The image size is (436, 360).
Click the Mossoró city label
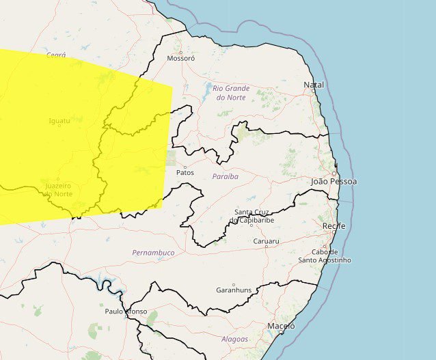[x=181, y=59]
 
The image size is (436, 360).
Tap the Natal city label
[x=314, y=85]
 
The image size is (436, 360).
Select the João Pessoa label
[x=333, y=182]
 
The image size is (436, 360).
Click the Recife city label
[x=333, y=225]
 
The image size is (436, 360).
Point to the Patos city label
[x=185, y=173]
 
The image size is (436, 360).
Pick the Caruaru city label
[x=267, y=242]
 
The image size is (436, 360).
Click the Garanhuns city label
[x=233, y=290]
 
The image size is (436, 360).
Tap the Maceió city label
[x=281, y=327]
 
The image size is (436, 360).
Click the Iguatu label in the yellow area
[x=59, y=121]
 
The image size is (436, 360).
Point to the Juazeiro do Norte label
[x=57, y=190]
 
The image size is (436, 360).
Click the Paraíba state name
[x=225, y=176]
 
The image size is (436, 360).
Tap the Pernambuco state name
[x=153, y=253]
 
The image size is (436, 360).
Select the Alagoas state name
[x=234, y=339]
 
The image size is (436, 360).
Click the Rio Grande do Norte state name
[x=231, y=93]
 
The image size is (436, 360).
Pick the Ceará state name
[x=56, y=54]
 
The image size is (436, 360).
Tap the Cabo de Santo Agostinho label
[x=325, y=255]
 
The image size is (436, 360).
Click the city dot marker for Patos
[x=185, y=166]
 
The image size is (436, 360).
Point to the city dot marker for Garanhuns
[x=233, y=285]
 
